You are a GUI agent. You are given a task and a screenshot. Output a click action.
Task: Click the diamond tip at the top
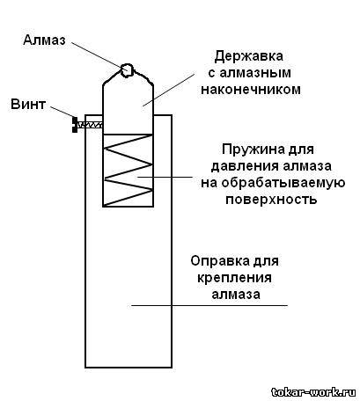click(127, 70)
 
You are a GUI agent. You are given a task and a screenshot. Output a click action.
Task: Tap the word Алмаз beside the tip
click(44, 40)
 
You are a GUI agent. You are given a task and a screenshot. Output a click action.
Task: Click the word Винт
click(28, 105)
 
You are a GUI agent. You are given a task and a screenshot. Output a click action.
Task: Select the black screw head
click(75, 125)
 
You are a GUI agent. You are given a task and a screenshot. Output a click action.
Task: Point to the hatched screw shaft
click(90, 125)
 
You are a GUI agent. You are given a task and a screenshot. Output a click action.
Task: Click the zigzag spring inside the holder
click(128, 171)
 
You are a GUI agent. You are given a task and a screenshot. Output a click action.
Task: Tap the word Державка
click(249, 56)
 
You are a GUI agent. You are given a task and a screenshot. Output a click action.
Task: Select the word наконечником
click(251, 89)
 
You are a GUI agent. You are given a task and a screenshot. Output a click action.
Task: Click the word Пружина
click(250, 149)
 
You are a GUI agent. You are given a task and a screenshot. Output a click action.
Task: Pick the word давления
click(246, 166)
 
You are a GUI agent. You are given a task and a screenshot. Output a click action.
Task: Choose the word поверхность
click(271, 200)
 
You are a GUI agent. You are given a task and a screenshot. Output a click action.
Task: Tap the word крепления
click(234, 277)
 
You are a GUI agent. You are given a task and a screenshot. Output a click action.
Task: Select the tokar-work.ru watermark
click(313, 391)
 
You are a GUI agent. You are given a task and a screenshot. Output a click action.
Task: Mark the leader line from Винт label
click(62, 112)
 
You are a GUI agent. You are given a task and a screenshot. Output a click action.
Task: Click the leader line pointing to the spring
click(165, 177)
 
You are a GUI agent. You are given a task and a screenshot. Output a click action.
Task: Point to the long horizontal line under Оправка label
click(209, 305)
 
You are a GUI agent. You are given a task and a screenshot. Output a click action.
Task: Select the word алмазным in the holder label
click(255, 73)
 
